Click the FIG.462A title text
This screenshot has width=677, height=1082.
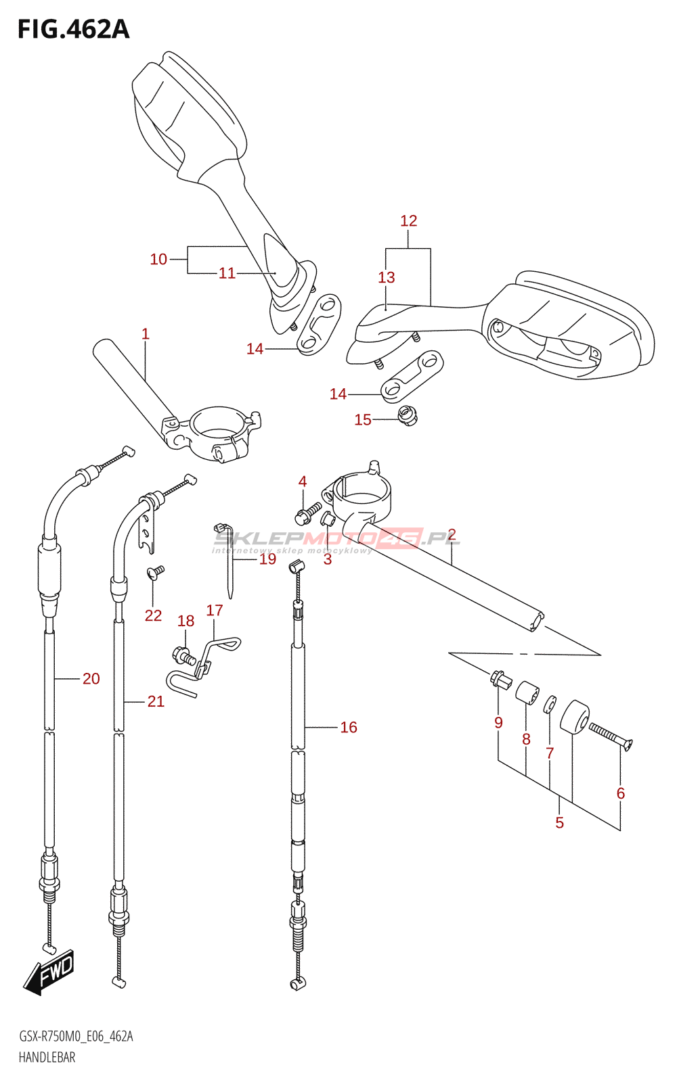pyautogui.click(x=74, y=30)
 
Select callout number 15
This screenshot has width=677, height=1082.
pyautogui.click(x=363, y=420)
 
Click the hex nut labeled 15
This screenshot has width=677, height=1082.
pyautogui.click(x=408, y=415)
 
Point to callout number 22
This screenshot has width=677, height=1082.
pyautogui.click(x=153, y=615)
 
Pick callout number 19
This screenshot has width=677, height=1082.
pyautogui.click(x=267, y=559)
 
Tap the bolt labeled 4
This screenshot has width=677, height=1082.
pyautogui.click(x=308, y=513)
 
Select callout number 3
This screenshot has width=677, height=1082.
pyautogui.click(x=328, y=559)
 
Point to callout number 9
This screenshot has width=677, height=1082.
pyautogui.click(x=498, y=723)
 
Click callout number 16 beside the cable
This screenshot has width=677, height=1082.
pyautogui.click(x=349, y=728)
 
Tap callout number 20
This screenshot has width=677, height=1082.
pyautogui.click(x=91, y=679)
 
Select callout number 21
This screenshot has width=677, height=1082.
pyautogui.click(x=156, y=701)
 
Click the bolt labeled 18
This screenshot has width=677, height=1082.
pyautogui.click(x=183, y=655)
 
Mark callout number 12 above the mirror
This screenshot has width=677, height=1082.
pyautogui.click(x=409, y=220)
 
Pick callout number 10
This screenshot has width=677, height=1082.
pyautogui.click(x=158, y=260)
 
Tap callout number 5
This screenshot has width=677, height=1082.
pyautogui.click(x=559, y=822)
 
